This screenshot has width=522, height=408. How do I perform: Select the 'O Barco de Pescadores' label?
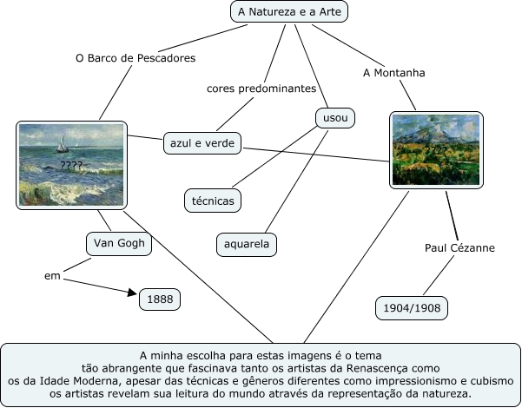point(135,58)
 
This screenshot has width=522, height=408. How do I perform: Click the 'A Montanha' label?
point(394,73)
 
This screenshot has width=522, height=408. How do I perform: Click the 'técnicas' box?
point(214,201)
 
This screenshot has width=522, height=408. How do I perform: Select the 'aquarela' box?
point(247,244)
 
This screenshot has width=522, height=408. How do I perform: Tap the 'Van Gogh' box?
point(119,244)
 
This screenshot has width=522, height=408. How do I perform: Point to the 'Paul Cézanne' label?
point(459,248)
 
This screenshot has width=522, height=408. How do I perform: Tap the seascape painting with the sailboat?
point(72,164)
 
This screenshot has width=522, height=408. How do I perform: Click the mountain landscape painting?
point(423,150)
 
